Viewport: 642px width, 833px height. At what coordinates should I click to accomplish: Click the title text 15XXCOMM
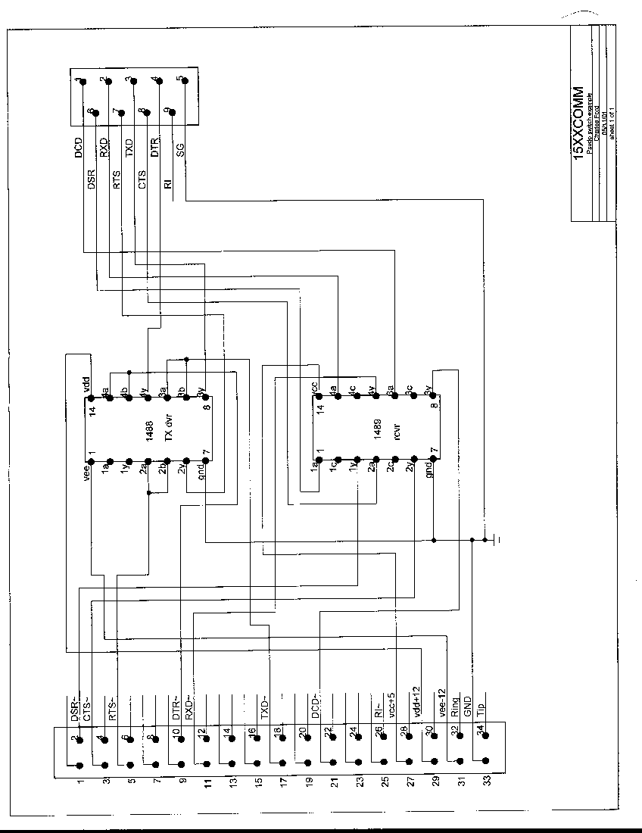(x=579, y=122)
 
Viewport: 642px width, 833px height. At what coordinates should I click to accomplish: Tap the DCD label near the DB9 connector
(x=78, y=147)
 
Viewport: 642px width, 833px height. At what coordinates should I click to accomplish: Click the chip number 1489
(x=377, y=428)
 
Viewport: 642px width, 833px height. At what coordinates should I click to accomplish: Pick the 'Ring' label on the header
(x=455, y=707)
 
